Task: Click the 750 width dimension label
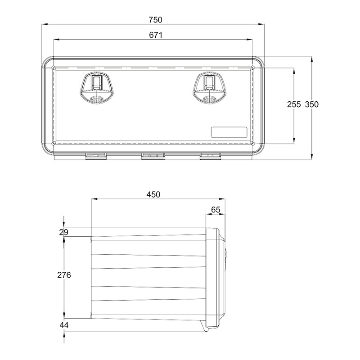154,20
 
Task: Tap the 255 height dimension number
294,104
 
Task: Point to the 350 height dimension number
311,104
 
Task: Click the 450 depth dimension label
153,194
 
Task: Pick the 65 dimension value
216,209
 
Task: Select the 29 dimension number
63,232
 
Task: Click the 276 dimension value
64,274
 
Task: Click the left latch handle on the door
97,87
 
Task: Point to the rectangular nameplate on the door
229,132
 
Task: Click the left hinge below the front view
95,156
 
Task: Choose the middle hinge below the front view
153,156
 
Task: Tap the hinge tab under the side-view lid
207,330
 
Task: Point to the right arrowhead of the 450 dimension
223,200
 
